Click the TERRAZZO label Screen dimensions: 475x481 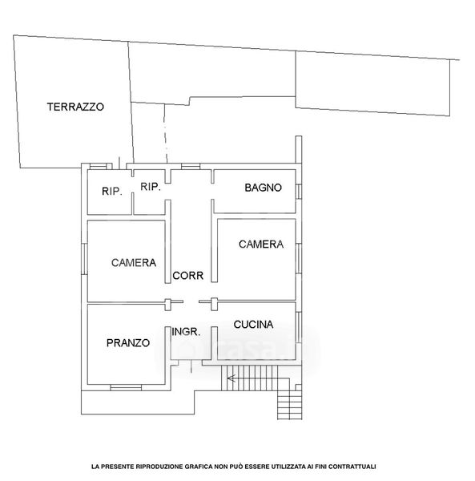(x=75, y=107)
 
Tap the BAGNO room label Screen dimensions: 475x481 (x=263, y=188)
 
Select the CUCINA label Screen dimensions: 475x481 (x=253, y=324)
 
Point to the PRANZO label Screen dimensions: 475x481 (x=128, y=342)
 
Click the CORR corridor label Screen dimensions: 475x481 (x=188, y=276)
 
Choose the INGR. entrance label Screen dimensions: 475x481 (x=186, y=332)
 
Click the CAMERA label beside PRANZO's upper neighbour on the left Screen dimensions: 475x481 (x=134, y=263)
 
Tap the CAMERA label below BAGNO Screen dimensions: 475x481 (x=261, y=245)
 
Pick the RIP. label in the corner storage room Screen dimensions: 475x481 (x=112, y=192)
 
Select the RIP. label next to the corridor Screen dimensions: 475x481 (x=151, y=187)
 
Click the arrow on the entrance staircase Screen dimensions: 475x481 (x=231, y=378)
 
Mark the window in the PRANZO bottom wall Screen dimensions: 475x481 (x=126, y=387)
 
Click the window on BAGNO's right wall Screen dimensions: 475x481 (x=299, y=192)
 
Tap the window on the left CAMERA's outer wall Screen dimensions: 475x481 (x=84, y=259)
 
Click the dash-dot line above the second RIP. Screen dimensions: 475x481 (x=166, y=133)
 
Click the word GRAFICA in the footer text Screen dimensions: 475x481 (x=199, y=467)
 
